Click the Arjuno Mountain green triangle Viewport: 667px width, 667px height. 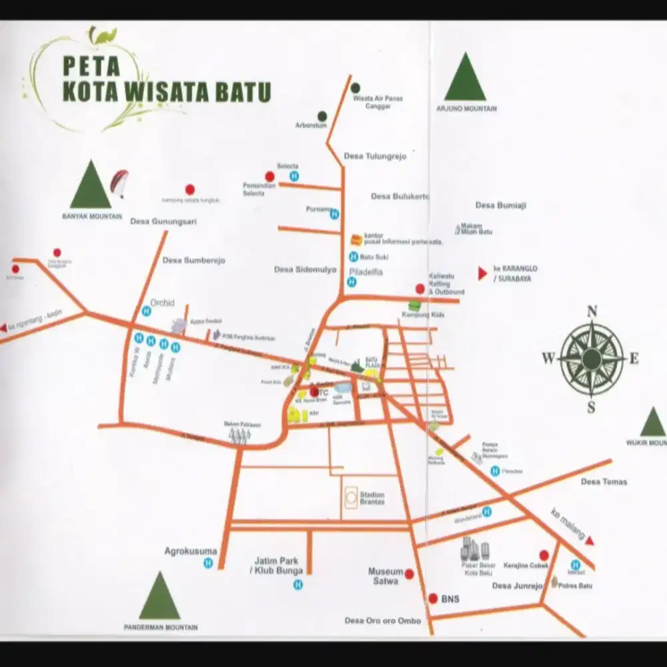click(465, 79)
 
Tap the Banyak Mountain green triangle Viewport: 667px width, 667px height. click(91, 186)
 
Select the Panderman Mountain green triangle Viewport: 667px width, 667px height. click(159, 597)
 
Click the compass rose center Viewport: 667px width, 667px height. click(591, 358)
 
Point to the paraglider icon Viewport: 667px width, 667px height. click(119, 183)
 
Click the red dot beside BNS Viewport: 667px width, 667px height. click(433, 598)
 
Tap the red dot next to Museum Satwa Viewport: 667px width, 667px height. click(409, 574)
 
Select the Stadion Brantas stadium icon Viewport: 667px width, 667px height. click(350, 498)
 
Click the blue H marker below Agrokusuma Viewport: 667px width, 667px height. click(208, 564)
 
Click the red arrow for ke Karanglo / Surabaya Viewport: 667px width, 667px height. click(482, 273)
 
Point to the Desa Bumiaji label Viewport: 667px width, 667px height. click(500, 205)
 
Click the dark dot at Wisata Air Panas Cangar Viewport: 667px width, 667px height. click(356, 87)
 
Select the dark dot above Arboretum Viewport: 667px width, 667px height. click(322, 115)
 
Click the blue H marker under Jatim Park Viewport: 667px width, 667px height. click(298, 585)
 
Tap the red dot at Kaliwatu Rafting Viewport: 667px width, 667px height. click(420, 289)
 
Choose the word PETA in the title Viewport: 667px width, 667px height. click(91, 67)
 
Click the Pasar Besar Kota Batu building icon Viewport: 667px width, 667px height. click(475, 550)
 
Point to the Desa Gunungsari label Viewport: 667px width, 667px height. click(163, 221)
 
